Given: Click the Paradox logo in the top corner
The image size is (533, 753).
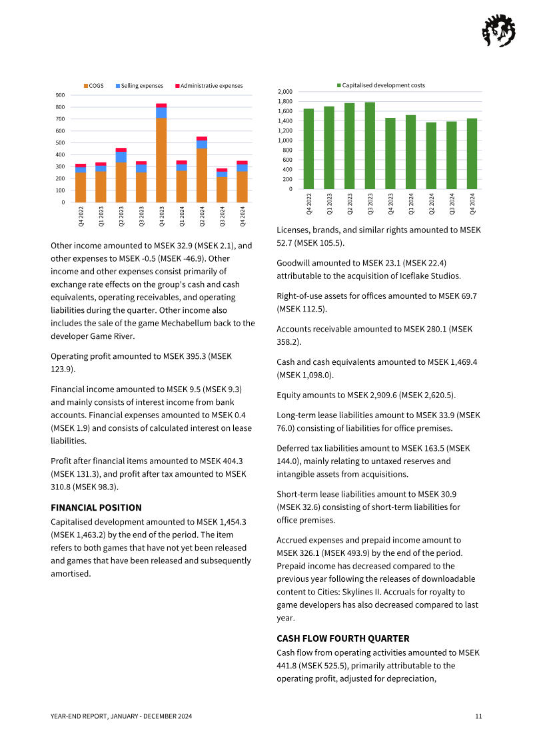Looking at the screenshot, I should coord(498,31).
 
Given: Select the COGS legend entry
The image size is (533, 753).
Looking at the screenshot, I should coord(93,86).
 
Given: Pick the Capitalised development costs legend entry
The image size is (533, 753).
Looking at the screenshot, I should coord(380,85).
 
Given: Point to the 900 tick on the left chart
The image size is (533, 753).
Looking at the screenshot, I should coord(60,95).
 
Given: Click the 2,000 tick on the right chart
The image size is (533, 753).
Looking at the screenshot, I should coord(284,91).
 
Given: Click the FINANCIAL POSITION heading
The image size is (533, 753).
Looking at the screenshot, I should coord(96,507).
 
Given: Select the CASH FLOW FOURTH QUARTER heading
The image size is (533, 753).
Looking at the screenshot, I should coord(342,638).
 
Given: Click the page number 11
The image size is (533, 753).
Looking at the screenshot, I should coord(478,716).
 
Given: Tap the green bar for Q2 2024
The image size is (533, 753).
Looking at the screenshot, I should coord(431,155).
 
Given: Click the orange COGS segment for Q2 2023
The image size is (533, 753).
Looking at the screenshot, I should coord(121,182).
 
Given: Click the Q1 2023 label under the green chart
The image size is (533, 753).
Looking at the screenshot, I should coord(329,203).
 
